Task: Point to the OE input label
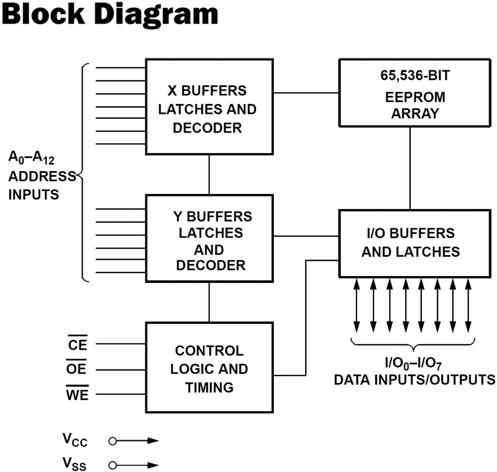coord(78,369)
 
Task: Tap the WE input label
coord(78,394)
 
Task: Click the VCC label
coord(75,441)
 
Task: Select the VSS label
coord(75,464)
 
